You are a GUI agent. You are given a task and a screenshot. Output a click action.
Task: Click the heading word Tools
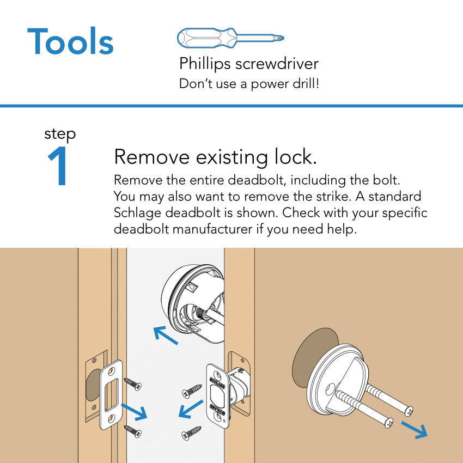tap(70, 41)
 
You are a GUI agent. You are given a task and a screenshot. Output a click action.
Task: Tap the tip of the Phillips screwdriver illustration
tap(281, 38)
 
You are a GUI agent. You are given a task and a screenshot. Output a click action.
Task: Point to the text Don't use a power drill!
tap(249, 84)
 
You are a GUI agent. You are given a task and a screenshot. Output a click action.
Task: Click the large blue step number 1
tap(59, 167)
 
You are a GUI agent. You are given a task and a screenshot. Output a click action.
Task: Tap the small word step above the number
tap(60, 133)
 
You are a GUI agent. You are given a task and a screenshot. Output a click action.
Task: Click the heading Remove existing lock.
tap(215, 157)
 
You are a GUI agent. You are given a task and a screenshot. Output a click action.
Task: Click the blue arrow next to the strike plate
tap(134, 412)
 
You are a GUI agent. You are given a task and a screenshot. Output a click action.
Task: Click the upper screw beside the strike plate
tap(133, 385)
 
